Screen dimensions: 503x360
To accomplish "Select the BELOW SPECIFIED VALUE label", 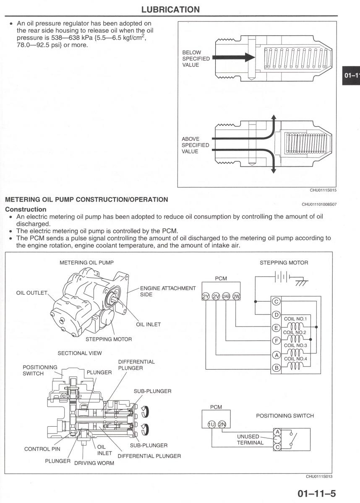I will pos(196,59).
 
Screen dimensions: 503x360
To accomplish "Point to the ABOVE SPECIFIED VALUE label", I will pos(196,145).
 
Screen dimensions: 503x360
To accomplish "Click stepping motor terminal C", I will pos(276,302).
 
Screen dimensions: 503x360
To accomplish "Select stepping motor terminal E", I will pos(276,328).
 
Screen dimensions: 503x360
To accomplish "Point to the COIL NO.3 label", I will pos(296,345).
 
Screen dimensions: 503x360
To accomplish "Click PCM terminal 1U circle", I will pos(212,424).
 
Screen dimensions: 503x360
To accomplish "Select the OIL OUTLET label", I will pos(32,293).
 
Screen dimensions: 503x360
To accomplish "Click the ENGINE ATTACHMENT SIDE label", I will pos(167,291).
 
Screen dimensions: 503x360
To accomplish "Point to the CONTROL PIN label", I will pos(42,449).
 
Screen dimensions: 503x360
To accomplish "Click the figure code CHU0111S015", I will pos(323,190).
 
